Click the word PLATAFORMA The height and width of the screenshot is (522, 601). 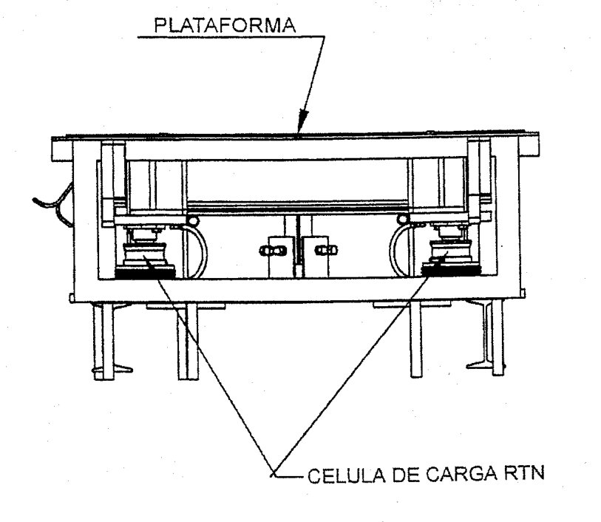[225, 25]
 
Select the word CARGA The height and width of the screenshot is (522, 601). [461, 475]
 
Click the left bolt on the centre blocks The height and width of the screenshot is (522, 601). [273, 251]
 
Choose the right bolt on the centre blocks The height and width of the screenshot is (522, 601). [326, 250]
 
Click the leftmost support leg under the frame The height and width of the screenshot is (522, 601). [103, 341]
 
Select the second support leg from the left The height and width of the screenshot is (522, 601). [188, 341]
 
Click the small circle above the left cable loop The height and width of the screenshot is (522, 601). [192, 220]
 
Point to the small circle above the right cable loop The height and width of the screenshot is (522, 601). [403, 219]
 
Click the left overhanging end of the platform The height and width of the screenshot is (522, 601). [62, 149]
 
